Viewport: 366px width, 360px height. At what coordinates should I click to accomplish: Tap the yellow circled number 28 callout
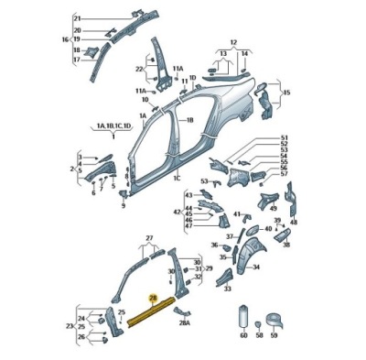coord(154,299)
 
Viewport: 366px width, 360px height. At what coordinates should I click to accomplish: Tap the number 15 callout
coord(286,93)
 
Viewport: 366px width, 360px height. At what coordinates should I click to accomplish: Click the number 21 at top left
coord(77,18)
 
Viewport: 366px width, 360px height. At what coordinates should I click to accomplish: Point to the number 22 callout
coord(139,70)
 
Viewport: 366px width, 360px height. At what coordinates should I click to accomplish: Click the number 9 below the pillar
coord(123,206)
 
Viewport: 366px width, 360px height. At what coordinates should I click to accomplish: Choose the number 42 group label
coord(178,212)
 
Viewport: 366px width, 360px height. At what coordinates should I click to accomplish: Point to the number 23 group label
coord(70,325)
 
